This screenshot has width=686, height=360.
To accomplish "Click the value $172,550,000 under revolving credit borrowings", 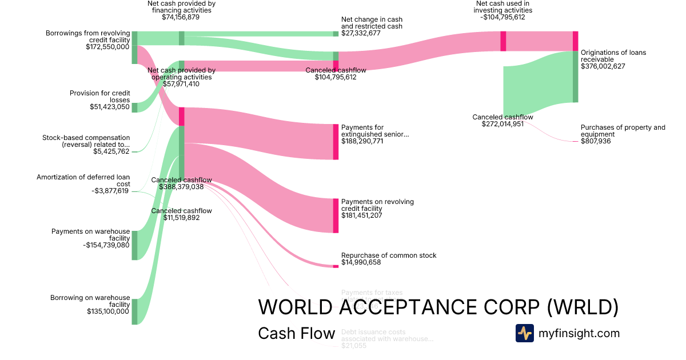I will pos(107,47).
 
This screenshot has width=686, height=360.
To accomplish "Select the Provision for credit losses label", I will pos(100,96).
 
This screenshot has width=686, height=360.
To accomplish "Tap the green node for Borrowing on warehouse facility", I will pos(134,311).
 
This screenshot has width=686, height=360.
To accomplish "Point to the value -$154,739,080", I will pos(106,245).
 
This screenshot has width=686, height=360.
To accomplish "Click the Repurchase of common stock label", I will pos(389,255).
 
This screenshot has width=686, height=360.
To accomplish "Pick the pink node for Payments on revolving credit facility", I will pos(336,215).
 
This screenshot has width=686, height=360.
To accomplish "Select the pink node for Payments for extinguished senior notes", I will pos(336,141).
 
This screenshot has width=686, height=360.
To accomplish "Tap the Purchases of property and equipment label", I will pos(623,131).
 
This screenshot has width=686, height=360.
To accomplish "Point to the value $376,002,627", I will pos(603,66).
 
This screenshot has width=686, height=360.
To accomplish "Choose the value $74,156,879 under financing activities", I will pos(181,17).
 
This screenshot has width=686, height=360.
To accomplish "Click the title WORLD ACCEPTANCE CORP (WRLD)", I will pos(438,307).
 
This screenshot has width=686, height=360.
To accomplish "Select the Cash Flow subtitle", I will pos(296,333).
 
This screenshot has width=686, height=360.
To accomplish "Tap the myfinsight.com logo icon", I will pos(524,333).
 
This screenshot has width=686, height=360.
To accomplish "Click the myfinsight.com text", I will pos(579,333).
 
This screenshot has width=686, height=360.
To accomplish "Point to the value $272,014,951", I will pos(502,124).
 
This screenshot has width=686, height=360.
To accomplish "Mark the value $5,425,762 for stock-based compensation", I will pos(111,151).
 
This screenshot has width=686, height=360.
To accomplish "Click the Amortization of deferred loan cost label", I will pos(83,181).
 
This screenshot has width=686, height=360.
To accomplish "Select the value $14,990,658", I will pos(361,262).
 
